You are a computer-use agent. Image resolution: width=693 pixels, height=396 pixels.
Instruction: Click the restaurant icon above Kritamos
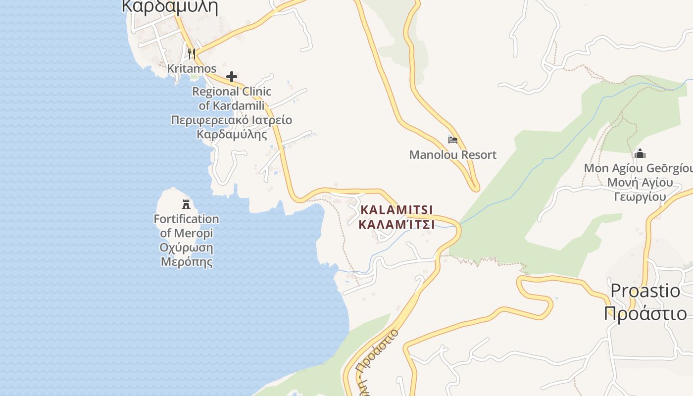click(192, 53)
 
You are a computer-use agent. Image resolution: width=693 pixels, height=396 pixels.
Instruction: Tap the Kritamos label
click(192, 68)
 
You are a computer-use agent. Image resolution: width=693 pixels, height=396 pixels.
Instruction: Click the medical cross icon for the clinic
click(231, 77)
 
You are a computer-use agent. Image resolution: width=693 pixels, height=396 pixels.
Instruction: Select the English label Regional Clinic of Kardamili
click(232, 99)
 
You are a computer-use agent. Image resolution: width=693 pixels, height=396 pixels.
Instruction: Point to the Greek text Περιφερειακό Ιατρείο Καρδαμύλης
click(232, 127)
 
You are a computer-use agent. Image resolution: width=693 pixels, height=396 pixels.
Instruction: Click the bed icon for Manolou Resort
click(453, 140)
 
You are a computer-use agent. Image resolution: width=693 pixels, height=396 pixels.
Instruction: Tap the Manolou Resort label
click(452, 155)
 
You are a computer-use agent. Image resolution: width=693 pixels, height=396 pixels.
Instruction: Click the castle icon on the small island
click(186, 204)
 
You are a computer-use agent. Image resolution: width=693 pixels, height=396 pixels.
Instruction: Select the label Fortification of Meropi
click(186, 226)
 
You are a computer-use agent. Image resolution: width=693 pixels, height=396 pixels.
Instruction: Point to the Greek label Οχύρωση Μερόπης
click(186, 254)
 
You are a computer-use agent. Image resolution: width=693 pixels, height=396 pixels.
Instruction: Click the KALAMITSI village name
click(397, 210)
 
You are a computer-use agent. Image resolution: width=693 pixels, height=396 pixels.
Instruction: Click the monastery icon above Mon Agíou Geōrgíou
click(640, 153)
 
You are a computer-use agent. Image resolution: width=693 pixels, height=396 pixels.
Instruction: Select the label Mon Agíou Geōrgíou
click(639, 168)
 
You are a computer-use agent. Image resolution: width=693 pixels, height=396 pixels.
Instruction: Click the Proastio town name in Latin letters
click(645, 291)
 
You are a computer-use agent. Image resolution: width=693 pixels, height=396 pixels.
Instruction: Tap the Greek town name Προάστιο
click(645, 314)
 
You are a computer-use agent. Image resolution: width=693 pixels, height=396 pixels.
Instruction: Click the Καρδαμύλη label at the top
click(170, 7)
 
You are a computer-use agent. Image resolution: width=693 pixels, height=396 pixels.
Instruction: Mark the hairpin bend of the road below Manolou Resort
click(475, 188)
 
